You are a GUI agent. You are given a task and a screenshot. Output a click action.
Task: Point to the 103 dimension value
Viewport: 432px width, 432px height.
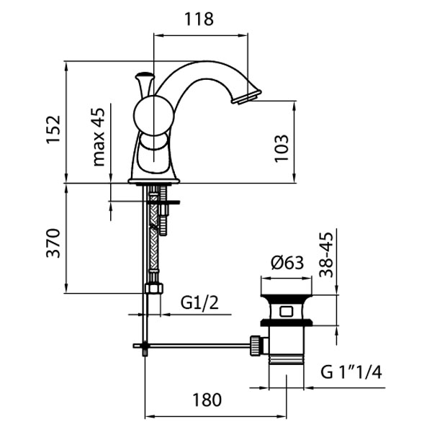click(x=282, y=147)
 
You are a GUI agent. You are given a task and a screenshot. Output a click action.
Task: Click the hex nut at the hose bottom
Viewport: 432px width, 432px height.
click(x=152, y=289)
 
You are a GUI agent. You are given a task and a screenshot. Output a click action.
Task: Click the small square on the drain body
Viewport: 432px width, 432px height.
click(x=285, y=312)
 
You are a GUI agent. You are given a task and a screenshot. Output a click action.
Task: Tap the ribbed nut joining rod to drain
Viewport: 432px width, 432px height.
click(x=256, y=345)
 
